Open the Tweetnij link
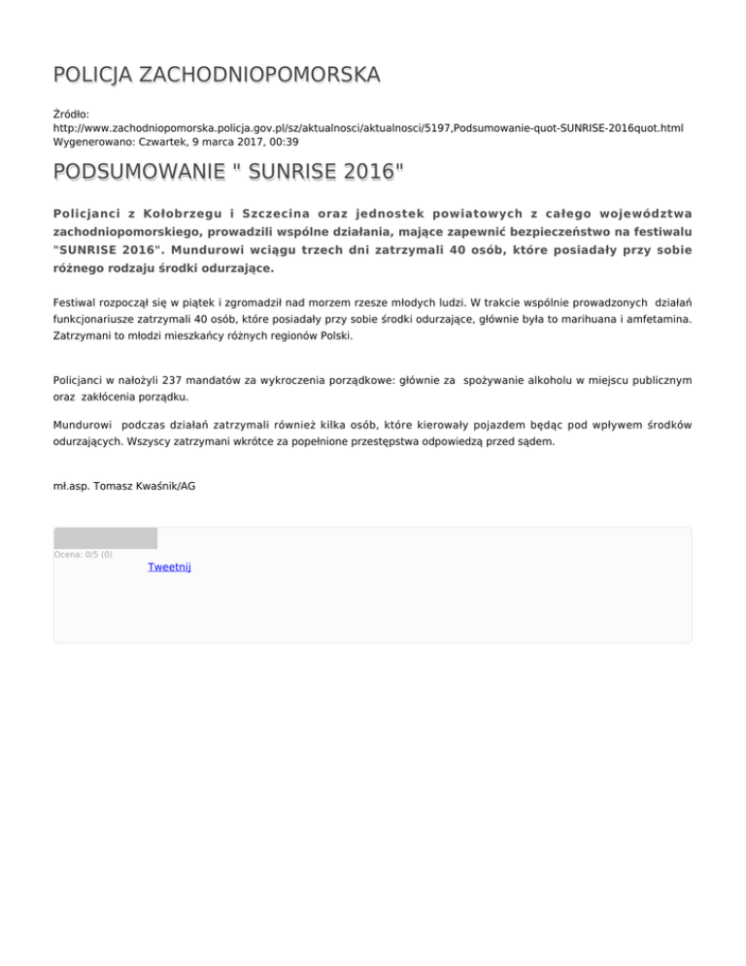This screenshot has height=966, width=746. click(x=169, y=567)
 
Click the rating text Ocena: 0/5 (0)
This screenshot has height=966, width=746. click(x=83, y=555)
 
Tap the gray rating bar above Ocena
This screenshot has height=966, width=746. click(x=105, y=538)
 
